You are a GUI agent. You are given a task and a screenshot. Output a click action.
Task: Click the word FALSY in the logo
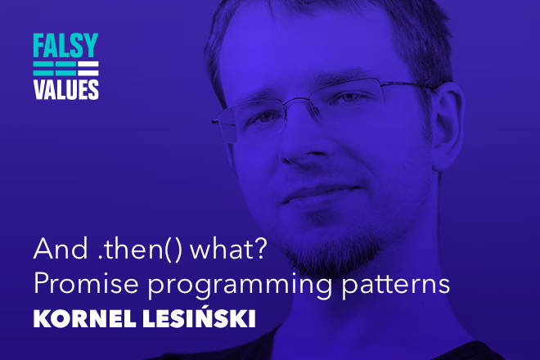65,46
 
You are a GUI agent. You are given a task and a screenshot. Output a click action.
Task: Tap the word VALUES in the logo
65,90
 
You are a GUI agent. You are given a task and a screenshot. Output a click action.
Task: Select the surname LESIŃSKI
205,318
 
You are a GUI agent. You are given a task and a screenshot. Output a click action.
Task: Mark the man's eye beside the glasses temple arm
365,98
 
